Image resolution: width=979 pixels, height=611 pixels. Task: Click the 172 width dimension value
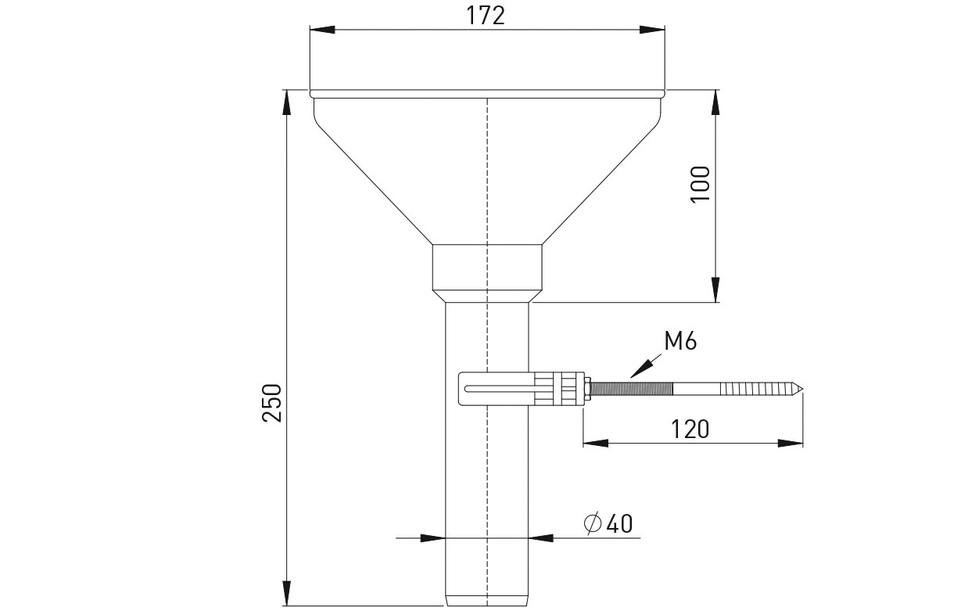[485, 16]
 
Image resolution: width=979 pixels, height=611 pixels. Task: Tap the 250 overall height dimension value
[271, 403]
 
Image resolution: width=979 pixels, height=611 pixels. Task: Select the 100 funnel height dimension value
[700, 184]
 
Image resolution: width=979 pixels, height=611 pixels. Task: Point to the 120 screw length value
[690, 429]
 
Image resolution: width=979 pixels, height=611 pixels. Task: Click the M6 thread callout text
[680, 341]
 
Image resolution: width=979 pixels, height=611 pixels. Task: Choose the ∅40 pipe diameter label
[608, 523]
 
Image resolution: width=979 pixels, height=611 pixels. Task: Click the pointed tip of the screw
[802, 388]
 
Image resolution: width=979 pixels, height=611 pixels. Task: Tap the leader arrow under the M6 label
[646, 366]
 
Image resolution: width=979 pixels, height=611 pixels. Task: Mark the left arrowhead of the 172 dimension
[322, 29]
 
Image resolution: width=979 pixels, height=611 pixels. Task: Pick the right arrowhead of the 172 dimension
[652, 29]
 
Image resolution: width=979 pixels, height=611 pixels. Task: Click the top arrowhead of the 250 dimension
[286, 102]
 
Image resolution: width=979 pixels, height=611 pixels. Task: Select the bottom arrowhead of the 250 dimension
[286, 593]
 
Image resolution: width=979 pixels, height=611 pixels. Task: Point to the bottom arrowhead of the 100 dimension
[715, 289]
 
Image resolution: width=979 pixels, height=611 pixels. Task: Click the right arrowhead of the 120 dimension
[791, 443]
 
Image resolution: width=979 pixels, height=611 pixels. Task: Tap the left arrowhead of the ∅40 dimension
[432, 538]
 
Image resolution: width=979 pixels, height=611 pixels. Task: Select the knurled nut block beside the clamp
[559, 388]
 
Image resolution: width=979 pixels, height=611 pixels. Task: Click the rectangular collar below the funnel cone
[487, 267]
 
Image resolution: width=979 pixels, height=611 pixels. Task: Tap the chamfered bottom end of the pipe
[487, 600]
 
